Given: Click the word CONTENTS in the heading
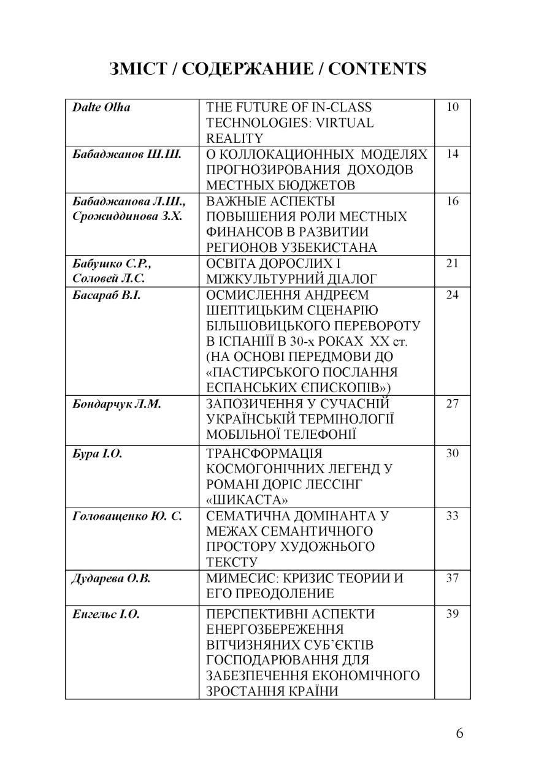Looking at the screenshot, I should tap(377, 69).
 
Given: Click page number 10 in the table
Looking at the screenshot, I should tap(453, 107).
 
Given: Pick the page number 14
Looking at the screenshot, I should tap(453, 154).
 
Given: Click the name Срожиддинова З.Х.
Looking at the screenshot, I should tap(127, 216).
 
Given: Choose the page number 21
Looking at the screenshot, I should tap(453, 264).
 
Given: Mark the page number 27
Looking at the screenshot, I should tap(453, 404).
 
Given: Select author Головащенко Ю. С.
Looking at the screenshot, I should tap(127, 515).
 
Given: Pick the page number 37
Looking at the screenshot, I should tap(453, 578).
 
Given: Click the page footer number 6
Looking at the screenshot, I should tap(460, 734).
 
